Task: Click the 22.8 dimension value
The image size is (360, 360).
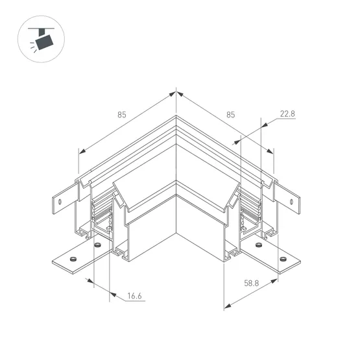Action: pos(287,114)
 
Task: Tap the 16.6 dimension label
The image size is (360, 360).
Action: pos(134,296)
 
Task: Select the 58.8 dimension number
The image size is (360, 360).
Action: pos(252,283)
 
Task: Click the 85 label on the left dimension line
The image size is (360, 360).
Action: pos(122,115)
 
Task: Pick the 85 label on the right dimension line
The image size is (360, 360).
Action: pos(231,115)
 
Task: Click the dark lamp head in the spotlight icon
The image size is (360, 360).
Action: pos(44,42)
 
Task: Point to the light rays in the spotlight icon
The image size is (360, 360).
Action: pos(33,47)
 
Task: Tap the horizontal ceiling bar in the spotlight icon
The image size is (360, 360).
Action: pos(41,29)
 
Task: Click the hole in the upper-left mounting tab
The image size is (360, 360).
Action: pos(60,202)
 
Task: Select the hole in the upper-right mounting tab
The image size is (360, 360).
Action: pos(291,202)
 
